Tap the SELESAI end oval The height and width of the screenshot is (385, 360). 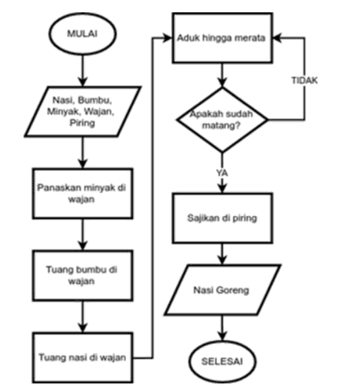[x=224, y=356]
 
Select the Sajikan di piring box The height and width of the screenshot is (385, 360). [x=224, y=218]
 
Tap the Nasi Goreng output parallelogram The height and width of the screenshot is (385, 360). [x=224, y=287]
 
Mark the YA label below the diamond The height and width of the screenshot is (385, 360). [x=223, y=173]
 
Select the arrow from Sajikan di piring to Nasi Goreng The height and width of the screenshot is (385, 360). [x=224, y=254]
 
